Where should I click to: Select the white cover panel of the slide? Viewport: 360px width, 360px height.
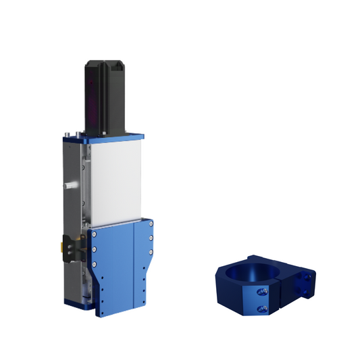click(x=115, y=182)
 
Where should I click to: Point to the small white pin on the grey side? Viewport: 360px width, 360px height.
click(x=69, y=184)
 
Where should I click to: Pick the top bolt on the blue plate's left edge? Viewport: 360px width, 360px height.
click(x=95, y=236)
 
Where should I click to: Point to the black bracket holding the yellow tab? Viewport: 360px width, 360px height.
click(x=70, y=247)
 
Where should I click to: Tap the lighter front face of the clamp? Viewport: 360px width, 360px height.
click(x=267, y=301)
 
